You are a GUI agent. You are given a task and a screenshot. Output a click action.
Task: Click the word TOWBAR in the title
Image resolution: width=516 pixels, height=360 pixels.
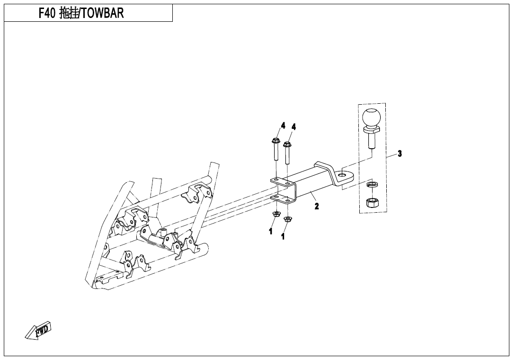coord(102,13)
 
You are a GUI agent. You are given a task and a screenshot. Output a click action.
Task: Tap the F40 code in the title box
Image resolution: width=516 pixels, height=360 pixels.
coord(47,13)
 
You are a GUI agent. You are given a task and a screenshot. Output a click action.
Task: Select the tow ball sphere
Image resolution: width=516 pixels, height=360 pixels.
coord(372,117)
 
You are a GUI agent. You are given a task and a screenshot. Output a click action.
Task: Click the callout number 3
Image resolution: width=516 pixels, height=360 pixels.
coord(400,153)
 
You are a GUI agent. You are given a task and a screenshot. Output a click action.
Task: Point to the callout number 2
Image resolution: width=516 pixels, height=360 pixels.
coord(317,207)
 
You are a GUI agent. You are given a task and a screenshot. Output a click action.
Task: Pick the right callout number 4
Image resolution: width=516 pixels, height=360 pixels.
coord(294,127)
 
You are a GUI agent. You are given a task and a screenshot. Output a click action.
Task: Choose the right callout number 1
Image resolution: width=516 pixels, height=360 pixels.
coord(283,236)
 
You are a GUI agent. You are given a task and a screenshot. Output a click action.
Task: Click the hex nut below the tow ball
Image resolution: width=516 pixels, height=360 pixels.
coord(372,203)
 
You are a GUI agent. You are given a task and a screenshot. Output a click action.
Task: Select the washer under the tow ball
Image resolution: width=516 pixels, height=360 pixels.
coord(372,184)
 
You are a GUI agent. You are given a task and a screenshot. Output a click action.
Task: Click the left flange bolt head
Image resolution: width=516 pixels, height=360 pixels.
coord(276,141)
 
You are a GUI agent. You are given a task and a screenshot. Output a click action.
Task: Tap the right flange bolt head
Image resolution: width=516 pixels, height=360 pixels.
coord(287,144)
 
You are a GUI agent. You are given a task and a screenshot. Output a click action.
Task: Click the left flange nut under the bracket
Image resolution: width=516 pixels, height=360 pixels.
coord(275,215)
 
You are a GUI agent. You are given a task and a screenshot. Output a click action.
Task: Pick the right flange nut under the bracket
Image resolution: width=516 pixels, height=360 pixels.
coord(287,219)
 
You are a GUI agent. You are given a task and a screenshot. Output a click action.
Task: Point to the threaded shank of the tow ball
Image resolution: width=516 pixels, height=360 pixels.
coord(371,142)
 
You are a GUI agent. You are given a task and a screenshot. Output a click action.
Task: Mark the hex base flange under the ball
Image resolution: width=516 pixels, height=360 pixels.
coord(371,131)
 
